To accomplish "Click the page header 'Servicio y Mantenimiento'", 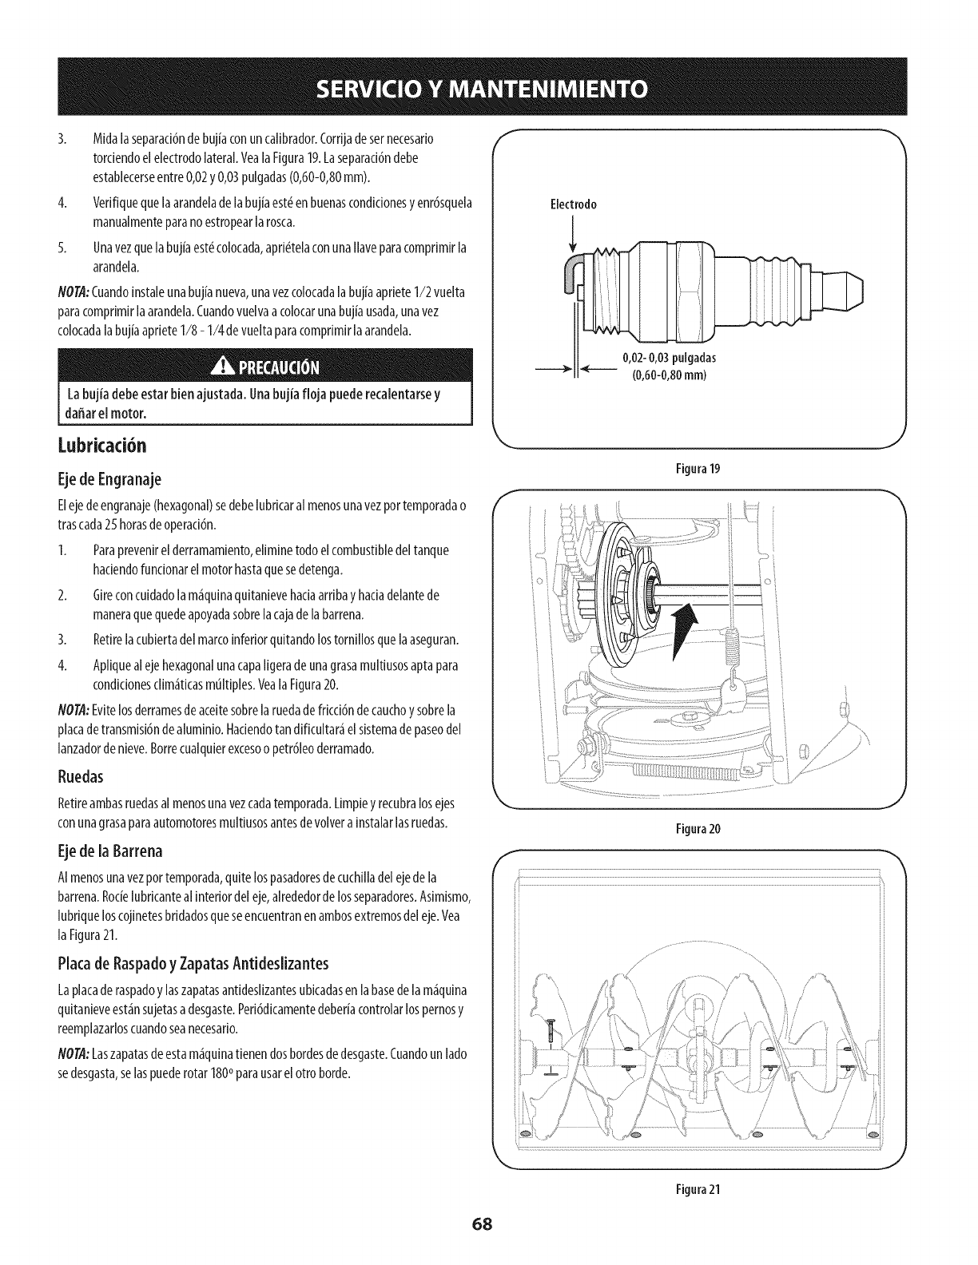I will [488, 87].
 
